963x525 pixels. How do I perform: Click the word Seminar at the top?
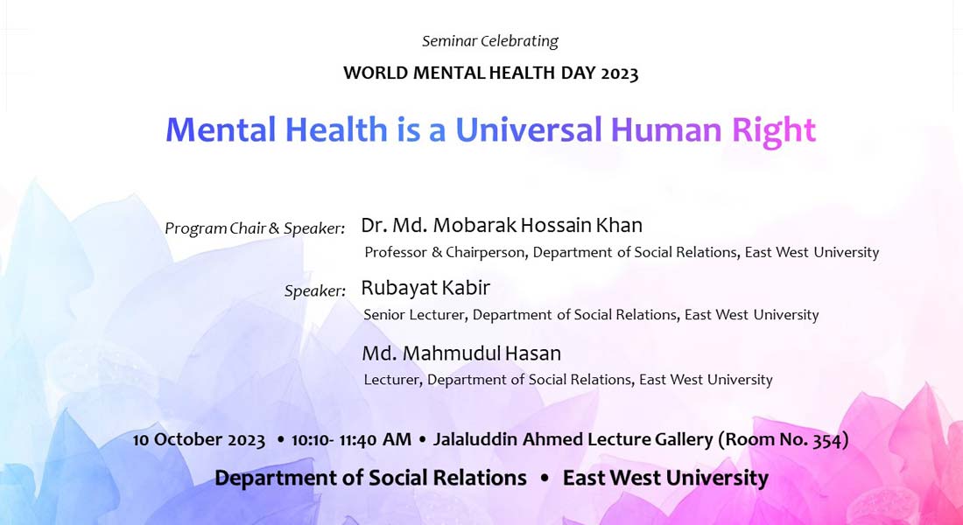[x=450, y=41]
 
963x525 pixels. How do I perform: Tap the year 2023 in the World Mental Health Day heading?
[x=620, y=73]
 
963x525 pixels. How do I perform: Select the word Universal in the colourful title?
[x=528, y=129]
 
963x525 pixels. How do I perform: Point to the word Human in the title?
[x=665, y=129]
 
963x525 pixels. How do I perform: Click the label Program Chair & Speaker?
[x=255, y=228]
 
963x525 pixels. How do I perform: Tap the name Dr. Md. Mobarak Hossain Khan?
[x=502, y=226]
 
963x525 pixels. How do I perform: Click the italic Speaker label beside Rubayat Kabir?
[x=315, y=290]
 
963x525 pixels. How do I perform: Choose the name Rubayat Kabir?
[x=425, y=287]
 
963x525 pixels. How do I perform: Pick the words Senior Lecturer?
[x=415, y=315]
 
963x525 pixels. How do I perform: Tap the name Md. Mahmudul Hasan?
[x=461, y=353]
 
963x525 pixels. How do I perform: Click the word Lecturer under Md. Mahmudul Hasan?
[x=392, y=380]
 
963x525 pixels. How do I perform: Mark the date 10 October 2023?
[x=199, y=439]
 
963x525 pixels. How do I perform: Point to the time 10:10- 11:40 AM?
[x=351, y=439]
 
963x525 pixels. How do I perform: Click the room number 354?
[x=827, y=439]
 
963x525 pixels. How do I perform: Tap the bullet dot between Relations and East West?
[x=545, y=478]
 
